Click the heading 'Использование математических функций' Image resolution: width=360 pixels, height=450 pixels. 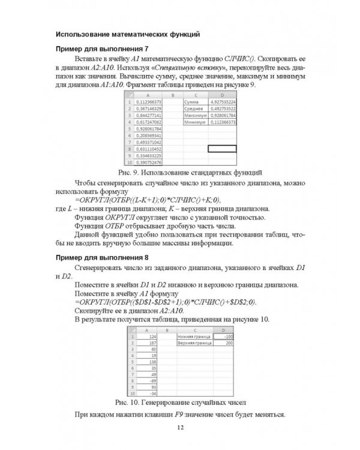tap(127, 34)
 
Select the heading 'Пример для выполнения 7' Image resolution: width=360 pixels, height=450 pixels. tap(101, 49)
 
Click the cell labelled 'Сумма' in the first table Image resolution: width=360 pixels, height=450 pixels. tap(195, 103)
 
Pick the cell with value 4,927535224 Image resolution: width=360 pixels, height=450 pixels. tap(222, 103)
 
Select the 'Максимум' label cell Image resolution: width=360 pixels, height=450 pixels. tap(195, 115)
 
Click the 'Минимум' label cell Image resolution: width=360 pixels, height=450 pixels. tap(195, 122)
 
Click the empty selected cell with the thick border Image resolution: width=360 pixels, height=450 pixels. tap(222, 148)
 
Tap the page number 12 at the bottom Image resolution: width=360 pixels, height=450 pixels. tap(179, 428)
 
